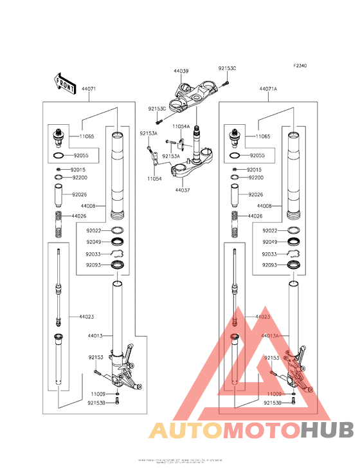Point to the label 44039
181,71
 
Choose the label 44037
182,190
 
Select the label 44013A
271,335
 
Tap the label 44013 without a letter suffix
95,335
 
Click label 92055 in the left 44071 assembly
81,156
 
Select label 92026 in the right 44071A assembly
256,194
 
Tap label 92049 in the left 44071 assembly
94,242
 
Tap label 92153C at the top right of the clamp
227,68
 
